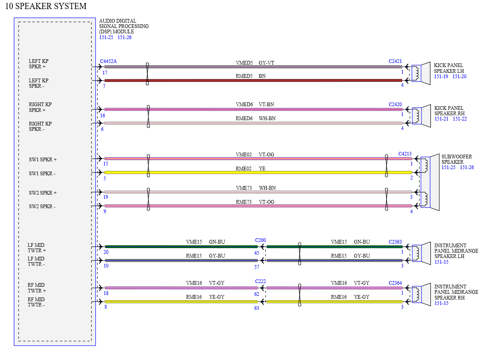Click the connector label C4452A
108,61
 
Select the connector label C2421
395,61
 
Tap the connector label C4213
405,154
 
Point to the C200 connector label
261,240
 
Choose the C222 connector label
261,281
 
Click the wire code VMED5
244,63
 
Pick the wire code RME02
244,169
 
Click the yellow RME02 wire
258,172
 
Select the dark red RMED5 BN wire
254,81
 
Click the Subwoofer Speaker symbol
430,182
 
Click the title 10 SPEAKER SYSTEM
46,6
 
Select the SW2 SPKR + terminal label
43,193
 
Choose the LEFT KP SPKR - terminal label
39,83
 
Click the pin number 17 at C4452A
105,73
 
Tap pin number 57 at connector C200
257,267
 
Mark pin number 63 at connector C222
257,308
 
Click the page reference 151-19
441,77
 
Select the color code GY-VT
266,63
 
